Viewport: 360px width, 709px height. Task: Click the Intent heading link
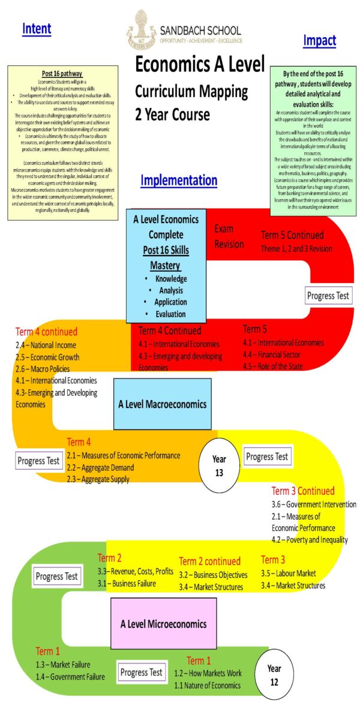37,28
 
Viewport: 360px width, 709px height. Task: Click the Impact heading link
319,41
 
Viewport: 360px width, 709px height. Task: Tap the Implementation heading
179,180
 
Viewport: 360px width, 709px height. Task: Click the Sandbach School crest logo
142,28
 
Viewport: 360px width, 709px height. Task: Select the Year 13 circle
219,464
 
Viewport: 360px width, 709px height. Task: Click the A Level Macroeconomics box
162,404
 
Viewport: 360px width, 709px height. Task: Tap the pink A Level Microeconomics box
163,624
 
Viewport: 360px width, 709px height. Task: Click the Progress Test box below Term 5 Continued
328,295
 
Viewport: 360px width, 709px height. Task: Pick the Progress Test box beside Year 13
267,456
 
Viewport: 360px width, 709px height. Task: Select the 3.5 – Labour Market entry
288,573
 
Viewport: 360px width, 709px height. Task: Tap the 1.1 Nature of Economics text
207,685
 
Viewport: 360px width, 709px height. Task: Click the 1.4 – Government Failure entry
70,677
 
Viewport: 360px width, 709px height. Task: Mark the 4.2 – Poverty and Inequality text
308,540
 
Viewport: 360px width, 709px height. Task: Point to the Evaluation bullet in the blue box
170,314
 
